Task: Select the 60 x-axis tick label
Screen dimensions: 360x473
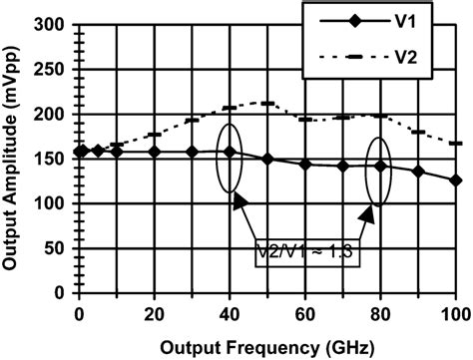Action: click(x=305, y=311)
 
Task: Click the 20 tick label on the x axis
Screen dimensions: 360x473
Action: click(x=155, y=311)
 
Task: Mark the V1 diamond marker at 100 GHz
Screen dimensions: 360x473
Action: click(x=455, y=180)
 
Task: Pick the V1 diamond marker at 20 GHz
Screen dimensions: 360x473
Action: click(x=155, y=153)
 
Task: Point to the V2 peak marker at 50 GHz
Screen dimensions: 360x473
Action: click(x=267, y=103)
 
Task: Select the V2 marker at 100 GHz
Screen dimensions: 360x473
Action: click(x=455, y=144)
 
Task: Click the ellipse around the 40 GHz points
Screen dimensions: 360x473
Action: click(x=230, y=157)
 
